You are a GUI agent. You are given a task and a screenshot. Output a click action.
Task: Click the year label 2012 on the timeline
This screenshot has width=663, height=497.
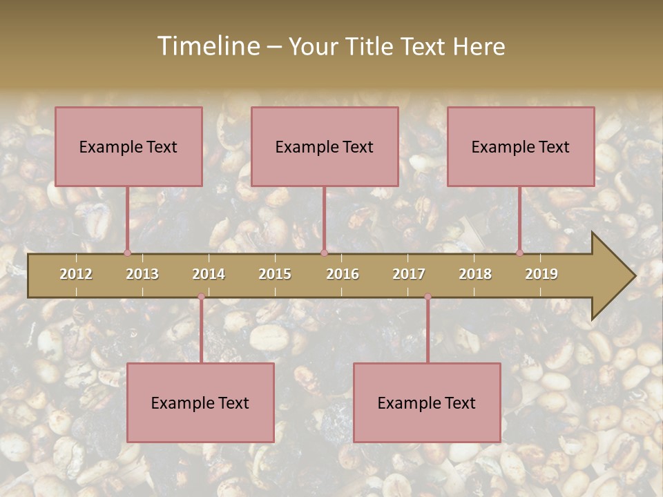(76, 274)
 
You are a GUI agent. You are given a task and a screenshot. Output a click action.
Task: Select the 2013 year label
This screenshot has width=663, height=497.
(142, 274)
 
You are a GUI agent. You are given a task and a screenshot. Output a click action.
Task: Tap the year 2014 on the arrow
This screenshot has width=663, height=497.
(209, 274)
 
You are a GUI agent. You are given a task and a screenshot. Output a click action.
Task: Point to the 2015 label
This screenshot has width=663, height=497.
(275, 274)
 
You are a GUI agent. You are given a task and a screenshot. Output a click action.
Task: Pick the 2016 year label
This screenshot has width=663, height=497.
(343, 274)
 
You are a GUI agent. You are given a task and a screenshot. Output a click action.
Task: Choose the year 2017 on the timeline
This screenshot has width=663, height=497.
(409, 274)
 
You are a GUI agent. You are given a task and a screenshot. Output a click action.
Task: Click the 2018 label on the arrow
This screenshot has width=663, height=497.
(475, 274)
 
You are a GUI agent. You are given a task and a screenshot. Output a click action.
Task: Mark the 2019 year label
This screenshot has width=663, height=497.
(541, 274)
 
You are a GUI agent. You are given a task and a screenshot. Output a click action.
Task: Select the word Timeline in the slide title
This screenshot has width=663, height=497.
(207, 46)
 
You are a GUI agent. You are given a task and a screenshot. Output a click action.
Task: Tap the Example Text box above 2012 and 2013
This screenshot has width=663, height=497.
(128, 146)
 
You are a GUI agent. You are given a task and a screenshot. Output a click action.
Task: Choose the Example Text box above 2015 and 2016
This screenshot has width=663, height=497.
(325, 146)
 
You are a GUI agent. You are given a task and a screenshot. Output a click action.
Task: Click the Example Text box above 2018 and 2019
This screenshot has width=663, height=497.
(521, 146)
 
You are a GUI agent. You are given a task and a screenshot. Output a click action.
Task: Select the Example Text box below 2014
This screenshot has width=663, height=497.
(200, 402)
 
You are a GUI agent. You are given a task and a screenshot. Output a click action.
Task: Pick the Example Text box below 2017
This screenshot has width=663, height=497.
(427, 402)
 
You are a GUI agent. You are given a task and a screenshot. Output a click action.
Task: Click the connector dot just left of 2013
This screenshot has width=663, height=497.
(127, 253)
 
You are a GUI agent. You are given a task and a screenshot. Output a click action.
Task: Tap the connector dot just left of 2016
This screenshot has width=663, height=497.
(324, 253)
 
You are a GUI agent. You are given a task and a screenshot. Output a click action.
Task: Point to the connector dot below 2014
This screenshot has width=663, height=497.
(201, 297)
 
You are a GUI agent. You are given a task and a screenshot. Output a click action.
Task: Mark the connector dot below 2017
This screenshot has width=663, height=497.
(427, 297)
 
